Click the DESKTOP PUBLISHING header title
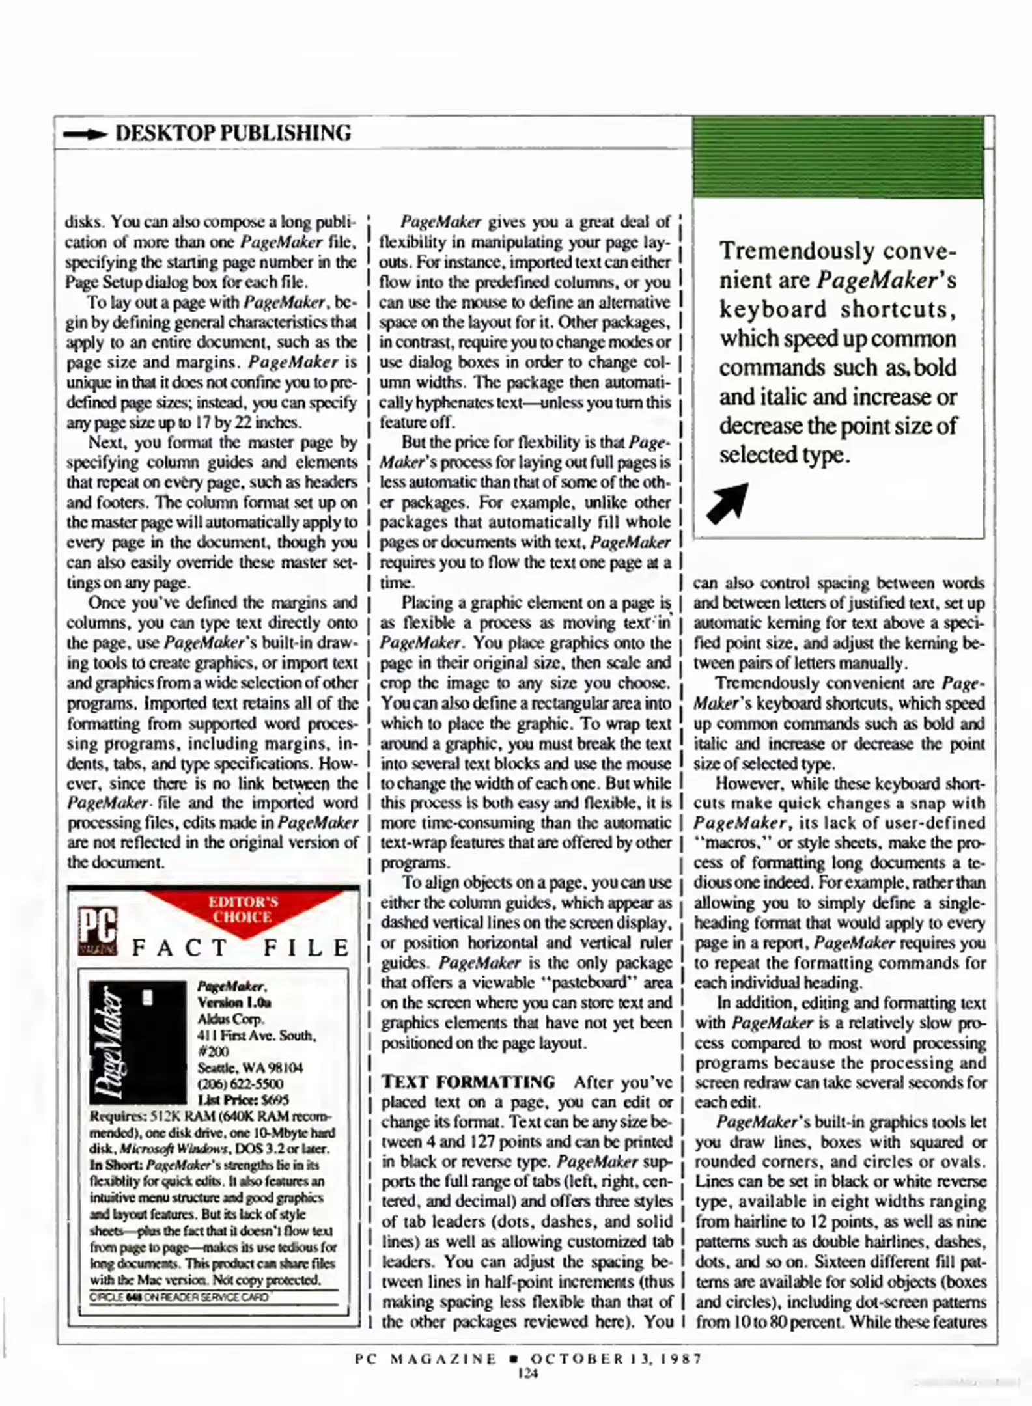[x=232, y=133]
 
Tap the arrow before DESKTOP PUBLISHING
[x=85, y=134]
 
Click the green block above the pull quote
[x=838, y=157]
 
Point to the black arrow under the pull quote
[x=727, y=503]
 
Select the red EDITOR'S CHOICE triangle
[x=243, y=910]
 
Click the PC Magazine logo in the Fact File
[x=98, y=931]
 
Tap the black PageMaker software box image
[x=137, y=1042]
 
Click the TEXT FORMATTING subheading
[x=467, y=1082]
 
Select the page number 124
[x=527, y=1373]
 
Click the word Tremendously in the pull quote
[x=796, y=251]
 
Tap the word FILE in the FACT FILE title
[x=307, y=948]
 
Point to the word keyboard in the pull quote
[x=772, y=310]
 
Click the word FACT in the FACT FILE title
[x=179, y=948]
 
